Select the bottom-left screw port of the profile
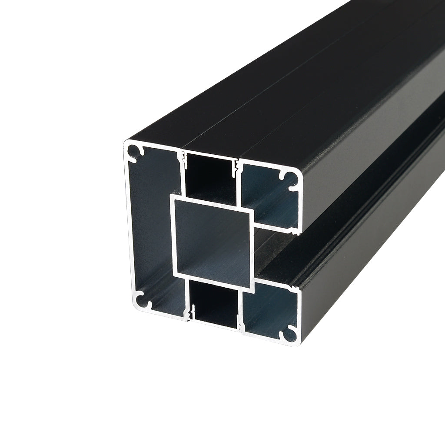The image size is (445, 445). pos(142,300)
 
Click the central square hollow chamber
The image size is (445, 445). pos(213,237)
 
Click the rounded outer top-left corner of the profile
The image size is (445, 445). pos(126,143)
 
